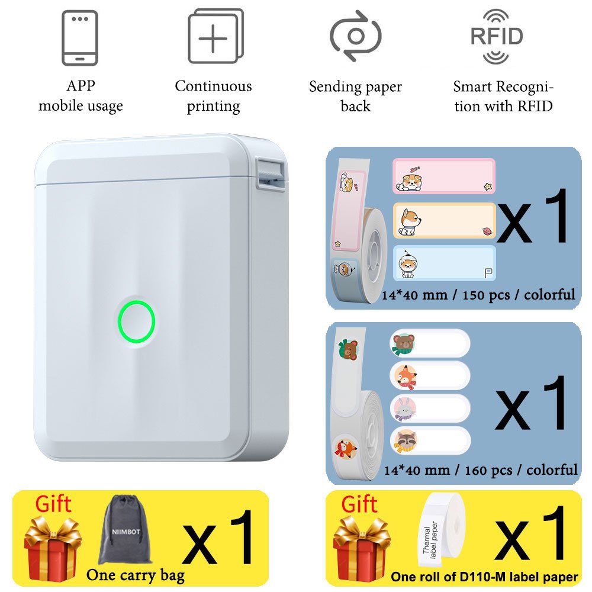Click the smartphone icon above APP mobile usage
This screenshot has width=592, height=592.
(80, 37)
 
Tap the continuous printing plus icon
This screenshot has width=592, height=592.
(215, 36)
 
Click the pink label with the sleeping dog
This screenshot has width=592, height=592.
(444, 176)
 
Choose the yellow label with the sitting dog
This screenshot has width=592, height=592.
(444, 220)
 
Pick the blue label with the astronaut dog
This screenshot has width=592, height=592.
(444, 263)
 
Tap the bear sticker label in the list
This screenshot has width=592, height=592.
(430, 343)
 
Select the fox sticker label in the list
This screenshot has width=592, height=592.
(430, 376)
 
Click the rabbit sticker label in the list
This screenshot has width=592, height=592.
(430, 408)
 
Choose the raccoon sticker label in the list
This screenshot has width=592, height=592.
(430, 440)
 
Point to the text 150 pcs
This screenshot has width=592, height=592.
(485, 294)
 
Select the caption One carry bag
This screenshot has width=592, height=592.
(136, 575)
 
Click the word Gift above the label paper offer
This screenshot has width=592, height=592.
(359, 504)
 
